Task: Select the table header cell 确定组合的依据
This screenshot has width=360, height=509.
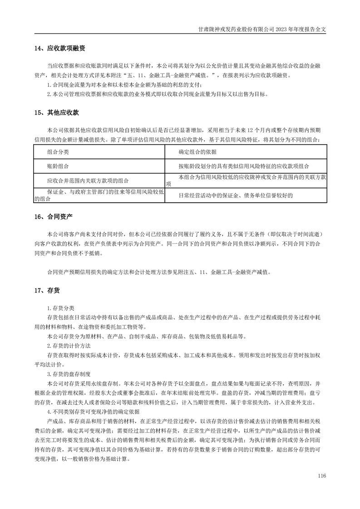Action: (x=197, y=152)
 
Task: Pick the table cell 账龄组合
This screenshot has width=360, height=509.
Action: (x=58, y=166)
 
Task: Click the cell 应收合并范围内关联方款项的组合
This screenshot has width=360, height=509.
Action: (x=88, y=180)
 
